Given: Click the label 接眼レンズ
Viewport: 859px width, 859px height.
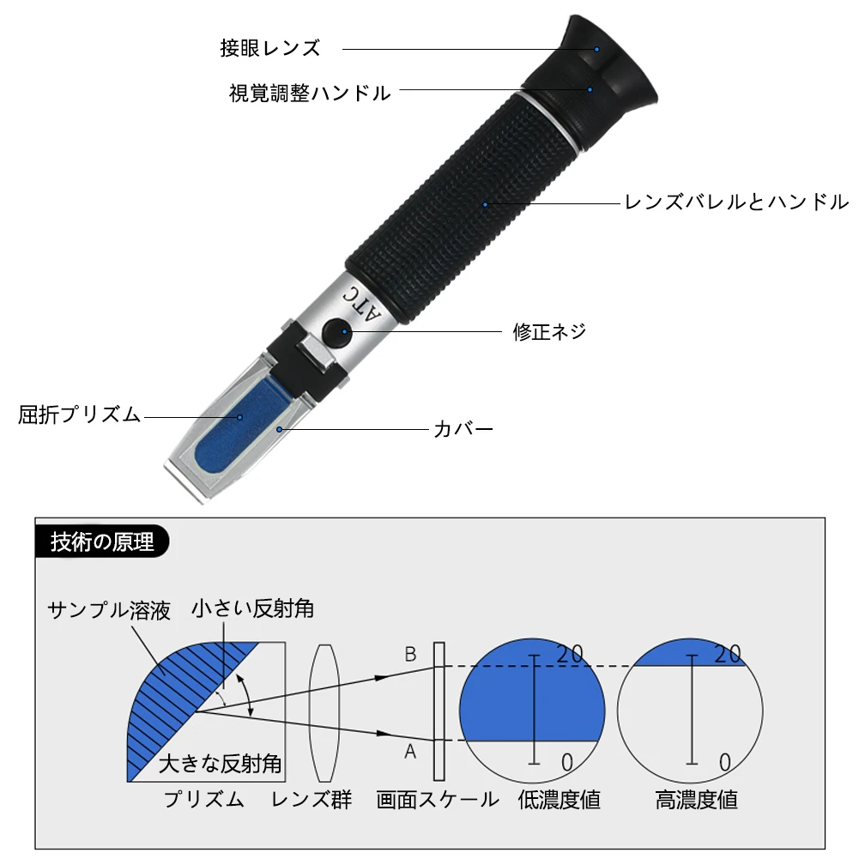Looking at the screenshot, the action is pos(269,48).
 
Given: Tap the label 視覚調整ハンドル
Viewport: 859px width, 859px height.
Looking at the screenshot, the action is pos(310,93).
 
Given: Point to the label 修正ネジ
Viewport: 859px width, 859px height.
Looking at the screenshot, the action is pos(550,331).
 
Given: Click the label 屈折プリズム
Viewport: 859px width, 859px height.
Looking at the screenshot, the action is pos(79,415).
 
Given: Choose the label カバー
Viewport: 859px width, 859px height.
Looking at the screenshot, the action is pos(463,428).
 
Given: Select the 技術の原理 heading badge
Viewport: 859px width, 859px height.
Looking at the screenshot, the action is pos(103,542).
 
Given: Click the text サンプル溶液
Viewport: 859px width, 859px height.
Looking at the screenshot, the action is pos(109,610).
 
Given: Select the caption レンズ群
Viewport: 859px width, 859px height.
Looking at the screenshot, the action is pos(312,800).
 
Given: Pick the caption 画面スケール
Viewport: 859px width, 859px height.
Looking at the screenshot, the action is pos(438,800).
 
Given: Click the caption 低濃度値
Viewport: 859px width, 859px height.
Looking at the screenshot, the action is pos(560,800).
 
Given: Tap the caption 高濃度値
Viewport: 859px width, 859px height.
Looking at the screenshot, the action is pos(696,800).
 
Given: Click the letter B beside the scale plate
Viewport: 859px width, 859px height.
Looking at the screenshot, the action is pos(410,655).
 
